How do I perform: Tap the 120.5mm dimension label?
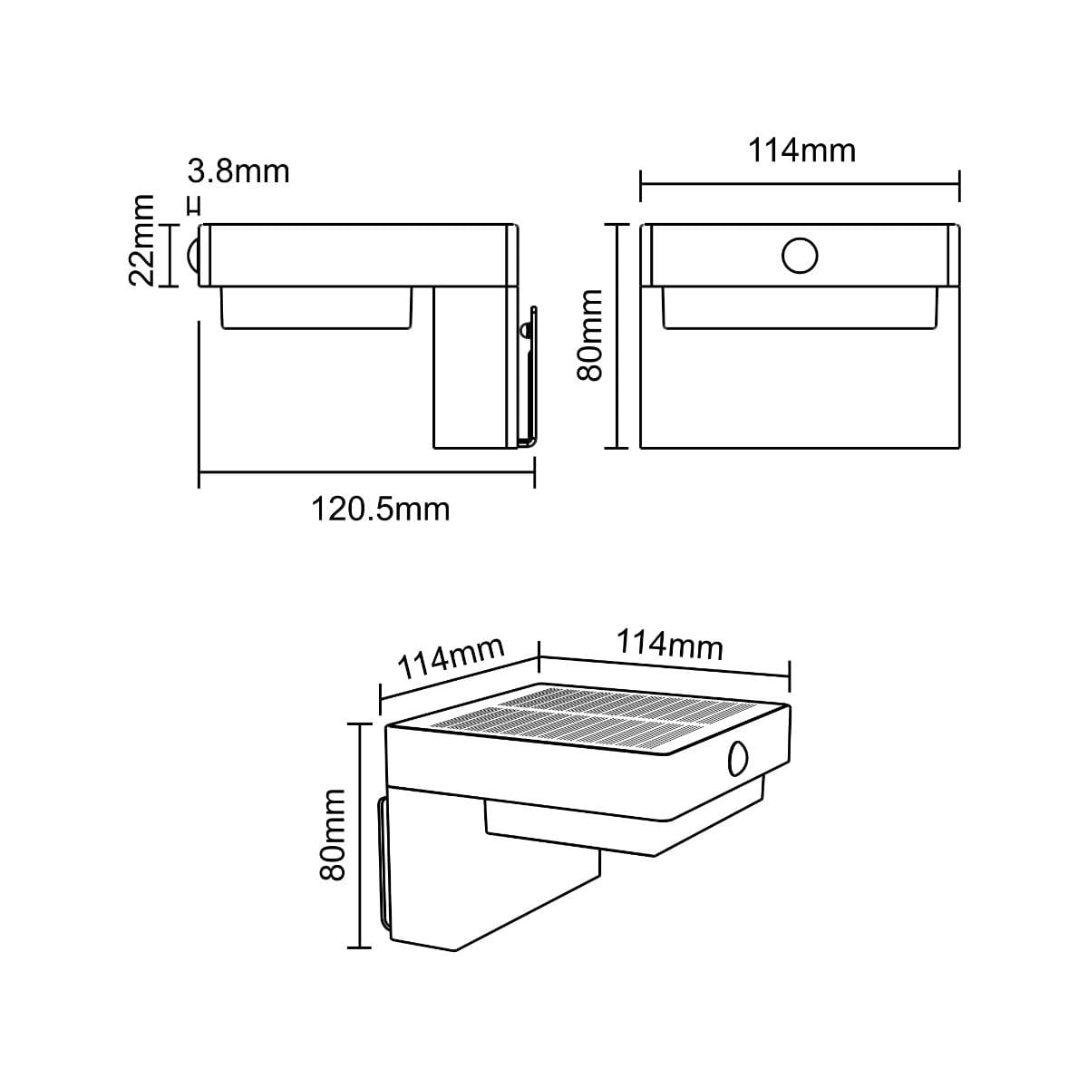pos(381,510)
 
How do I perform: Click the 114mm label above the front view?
pos(801,151)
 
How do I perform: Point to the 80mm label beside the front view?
pos(590,335)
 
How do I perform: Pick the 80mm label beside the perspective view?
pos(333,834)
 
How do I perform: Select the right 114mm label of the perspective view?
pos(670,645)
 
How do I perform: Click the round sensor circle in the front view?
pos(800,256)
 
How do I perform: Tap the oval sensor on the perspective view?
pos(738,759)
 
